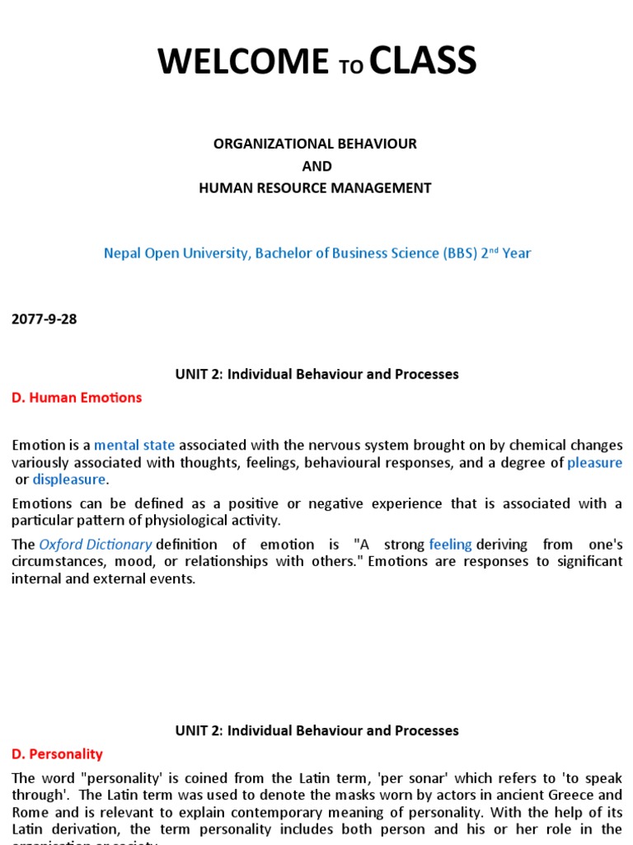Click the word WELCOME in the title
point(242,62)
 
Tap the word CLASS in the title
point(423,62)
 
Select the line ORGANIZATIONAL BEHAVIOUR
point(315,144)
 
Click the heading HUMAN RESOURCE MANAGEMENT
point(315,188)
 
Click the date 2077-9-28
point(45,319)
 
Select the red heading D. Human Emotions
point(77,398)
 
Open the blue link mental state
point(135,446)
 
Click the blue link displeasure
point(69,479)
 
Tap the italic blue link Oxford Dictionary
point(96,545)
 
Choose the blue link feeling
point(450,545)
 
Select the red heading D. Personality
point(57,754)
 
